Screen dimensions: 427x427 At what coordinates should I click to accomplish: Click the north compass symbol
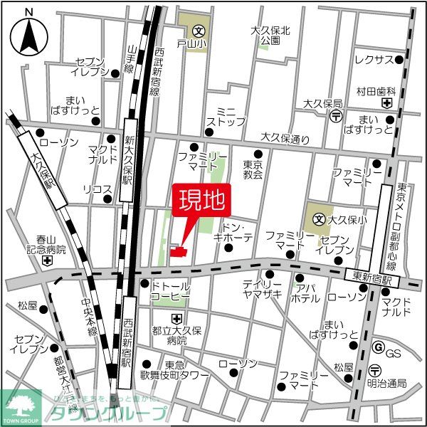click(x=28, y=32)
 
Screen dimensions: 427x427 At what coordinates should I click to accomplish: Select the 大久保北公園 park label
click(x=270, y=36)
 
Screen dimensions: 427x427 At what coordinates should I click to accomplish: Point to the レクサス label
click(x=374, y=59)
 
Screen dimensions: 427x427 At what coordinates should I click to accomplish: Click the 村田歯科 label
click(x=376, y=92)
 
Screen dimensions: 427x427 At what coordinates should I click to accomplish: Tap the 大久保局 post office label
click(x=322, y=104)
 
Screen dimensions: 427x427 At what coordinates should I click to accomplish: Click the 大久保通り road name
click(x=285, y=137)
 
